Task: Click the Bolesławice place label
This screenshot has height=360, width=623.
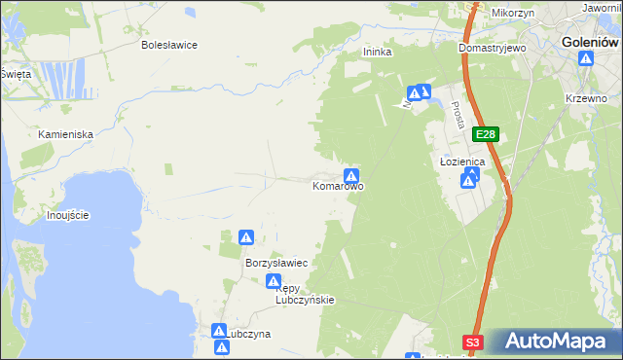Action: click(169, 45)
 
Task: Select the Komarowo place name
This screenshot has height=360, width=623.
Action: click(338, 185)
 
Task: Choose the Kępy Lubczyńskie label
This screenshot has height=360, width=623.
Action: click(305, 294)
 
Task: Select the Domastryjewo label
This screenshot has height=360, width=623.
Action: click(493, 47)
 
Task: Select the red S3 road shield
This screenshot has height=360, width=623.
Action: click(473, 342)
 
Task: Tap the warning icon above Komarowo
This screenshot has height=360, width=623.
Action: click(351, 173)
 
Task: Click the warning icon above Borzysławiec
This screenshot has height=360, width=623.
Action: click(247, 237)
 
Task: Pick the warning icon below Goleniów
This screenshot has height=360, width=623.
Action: click(586, 60)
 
